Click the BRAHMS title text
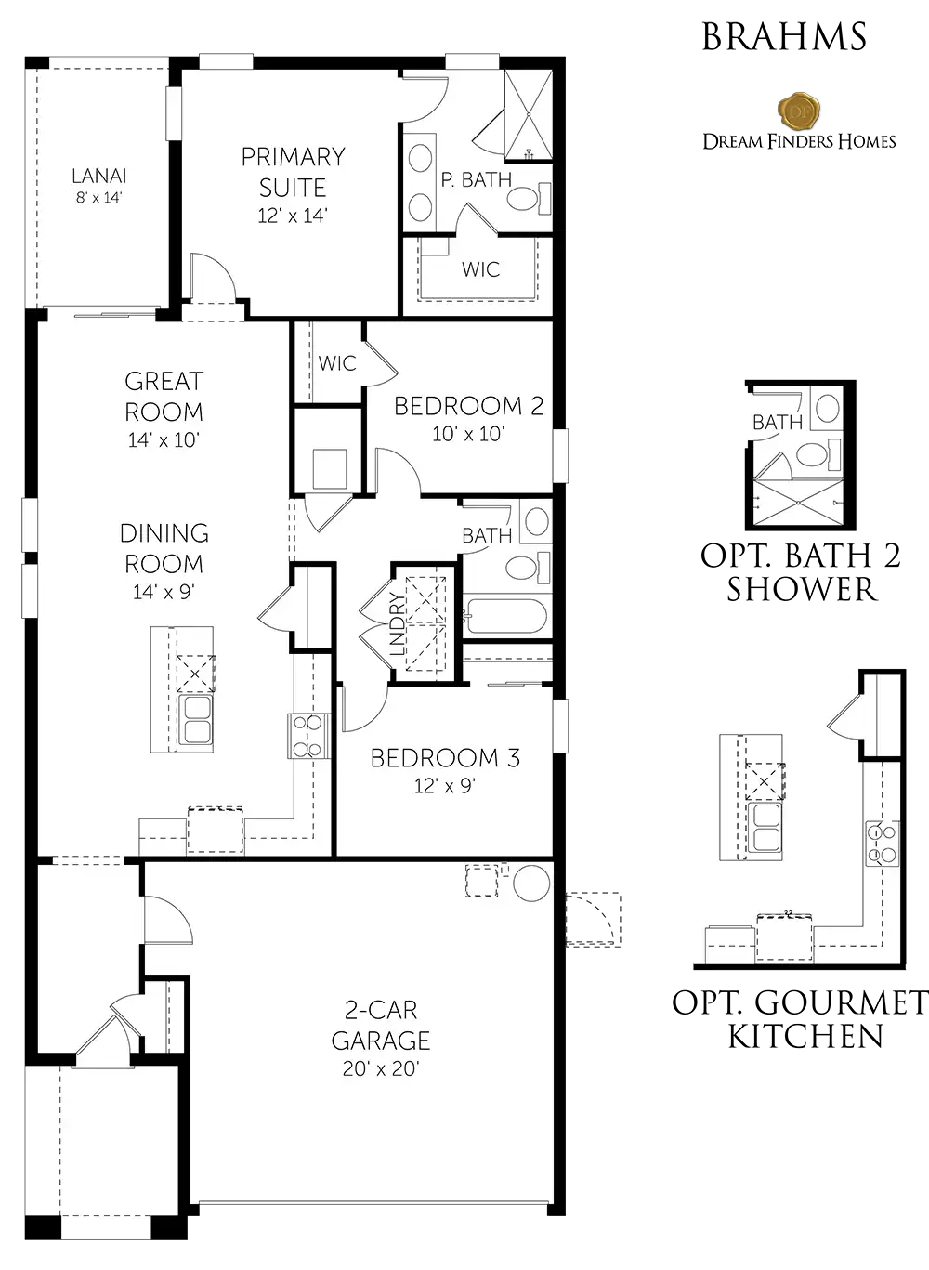(784, 37)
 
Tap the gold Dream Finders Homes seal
(799, 111)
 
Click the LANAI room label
(99, 177)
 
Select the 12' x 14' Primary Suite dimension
(293, 216)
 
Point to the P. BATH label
(477, 179)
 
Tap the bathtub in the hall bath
(504, 617)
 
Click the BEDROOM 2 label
(469, 406)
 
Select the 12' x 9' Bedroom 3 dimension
(444, 786)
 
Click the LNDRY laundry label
(399, 623)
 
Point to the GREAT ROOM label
(164, 397)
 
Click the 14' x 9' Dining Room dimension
(164, 592)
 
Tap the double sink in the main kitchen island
(195, 719)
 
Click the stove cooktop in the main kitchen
(307, 736)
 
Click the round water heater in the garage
(531, 883)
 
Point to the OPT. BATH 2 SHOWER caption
(801, 572)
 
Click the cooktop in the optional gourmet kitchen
(882, 843)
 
